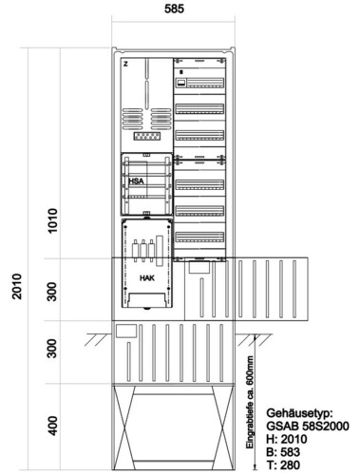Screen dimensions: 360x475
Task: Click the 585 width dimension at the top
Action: tap(174, 9)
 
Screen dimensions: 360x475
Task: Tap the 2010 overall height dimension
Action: tap(17, 287)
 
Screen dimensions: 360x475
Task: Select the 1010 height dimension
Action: tap(52, 220)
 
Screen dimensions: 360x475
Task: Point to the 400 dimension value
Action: tap(52, 426)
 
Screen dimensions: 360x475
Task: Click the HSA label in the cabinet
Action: tap(136, 181)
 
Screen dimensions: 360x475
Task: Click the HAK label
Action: tap(147, 278)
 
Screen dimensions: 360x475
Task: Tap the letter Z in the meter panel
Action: tap(125, 65)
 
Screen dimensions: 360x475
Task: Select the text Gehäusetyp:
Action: tap(299, 413)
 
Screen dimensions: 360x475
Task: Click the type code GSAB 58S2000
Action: tap(308, 426)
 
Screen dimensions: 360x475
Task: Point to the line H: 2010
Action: tap(287, 439)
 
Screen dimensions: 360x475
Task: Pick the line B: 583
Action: tap(283, 452)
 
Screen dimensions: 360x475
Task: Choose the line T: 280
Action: tap(283, 465)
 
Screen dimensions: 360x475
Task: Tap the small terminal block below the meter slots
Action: tap(147, 137)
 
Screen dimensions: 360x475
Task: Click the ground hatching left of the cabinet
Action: tap(98, 339)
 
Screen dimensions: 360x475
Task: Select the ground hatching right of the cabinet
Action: tap(254, 339)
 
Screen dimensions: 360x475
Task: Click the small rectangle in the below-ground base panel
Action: tap(126, 331)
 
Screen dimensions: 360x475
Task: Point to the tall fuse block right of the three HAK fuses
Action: tap(160, 250)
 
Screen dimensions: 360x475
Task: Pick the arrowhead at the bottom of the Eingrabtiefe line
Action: tap(255, 466)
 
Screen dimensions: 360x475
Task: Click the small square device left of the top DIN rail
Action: tap(180, 83)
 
